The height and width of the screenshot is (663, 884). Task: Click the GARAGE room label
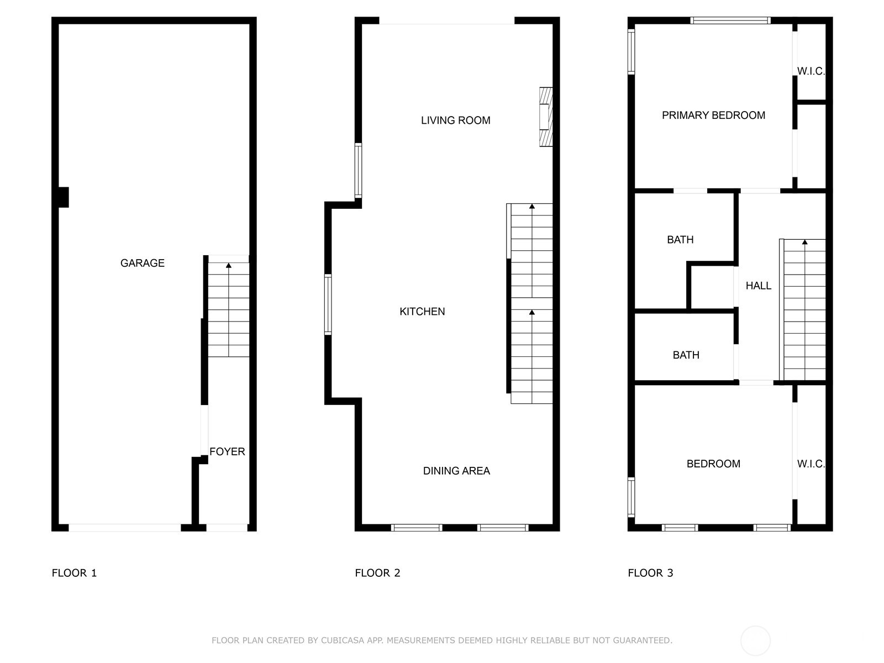[143, 263]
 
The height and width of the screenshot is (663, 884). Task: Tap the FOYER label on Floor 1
[227, 451]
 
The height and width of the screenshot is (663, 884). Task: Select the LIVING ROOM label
[455, 120]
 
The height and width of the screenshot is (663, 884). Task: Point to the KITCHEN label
[422, 312]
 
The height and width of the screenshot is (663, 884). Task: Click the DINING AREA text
[456, 471]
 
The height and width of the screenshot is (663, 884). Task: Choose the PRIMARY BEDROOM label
[713, 115]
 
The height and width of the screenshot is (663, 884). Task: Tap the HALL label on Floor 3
[758, 286]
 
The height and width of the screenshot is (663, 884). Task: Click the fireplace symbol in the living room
[546, 117]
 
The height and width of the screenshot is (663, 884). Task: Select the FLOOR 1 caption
[74, 573]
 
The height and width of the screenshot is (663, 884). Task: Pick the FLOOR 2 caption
[377, 573]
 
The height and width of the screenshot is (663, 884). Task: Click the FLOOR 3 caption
[650, 573]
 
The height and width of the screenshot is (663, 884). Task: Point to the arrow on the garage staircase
[229, 266]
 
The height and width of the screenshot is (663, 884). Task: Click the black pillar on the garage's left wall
[64, 197]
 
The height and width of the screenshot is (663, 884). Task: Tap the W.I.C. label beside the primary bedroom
[811, 71]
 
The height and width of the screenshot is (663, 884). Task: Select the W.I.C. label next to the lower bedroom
[811, 464]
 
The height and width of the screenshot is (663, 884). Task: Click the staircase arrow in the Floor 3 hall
[804, 242]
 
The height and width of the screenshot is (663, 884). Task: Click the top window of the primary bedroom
[730, 20]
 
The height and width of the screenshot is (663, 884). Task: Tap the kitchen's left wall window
[328, 304]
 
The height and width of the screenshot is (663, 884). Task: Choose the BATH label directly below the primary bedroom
[680, 240]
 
